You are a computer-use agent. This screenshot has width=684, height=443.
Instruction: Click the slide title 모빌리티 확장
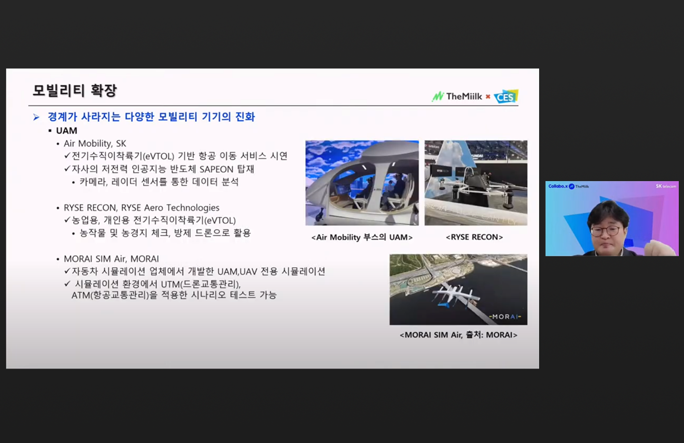click(75, 90)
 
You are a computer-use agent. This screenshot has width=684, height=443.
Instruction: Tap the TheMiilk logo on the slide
click(457, 96)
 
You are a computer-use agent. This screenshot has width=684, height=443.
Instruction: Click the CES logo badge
click(506, 96)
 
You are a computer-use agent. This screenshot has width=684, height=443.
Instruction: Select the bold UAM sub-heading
click(66, 131)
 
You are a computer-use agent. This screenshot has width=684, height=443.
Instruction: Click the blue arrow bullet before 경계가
click(37, 117)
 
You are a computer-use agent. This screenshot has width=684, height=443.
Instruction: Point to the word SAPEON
click(216, 169)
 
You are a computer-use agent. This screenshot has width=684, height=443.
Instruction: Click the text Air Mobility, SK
click(95, 144)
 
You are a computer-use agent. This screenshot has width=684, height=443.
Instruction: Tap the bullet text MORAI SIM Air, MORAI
click(111, 259)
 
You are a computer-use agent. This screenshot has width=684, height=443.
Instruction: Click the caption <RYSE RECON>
click(474, 237)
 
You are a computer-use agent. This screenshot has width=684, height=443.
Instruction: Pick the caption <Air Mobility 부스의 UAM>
click(361, 237)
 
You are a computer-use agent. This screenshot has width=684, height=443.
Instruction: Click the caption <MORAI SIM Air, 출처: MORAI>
click(458, 335)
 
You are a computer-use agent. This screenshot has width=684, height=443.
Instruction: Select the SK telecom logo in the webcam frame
click(665, 186)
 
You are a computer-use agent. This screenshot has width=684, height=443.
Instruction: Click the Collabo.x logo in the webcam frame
click(558, 186)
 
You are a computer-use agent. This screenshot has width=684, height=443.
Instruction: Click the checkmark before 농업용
click(67, 220)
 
